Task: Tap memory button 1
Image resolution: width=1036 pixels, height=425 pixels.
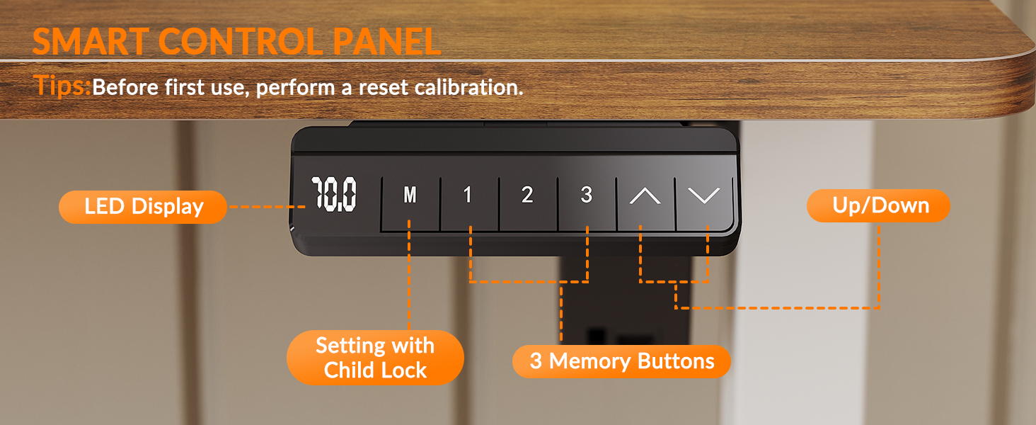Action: point(469,203)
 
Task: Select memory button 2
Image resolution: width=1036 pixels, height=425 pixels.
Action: point(528,203)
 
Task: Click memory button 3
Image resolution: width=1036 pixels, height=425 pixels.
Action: point(587,203)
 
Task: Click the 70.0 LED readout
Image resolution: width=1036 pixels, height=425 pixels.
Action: point(334,195)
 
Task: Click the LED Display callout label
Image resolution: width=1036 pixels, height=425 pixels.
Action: point(143,207)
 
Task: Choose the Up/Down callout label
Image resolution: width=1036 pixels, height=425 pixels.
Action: point(879,205)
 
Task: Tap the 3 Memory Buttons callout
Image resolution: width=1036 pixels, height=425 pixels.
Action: point(621,361)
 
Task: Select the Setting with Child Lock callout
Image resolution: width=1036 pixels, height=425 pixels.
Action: point(375,358)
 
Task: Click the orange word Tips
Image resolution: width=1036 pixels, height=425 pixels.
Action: point(62,86)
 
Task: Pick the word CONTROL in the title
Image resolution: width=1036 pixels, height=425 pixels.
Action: point(241,42)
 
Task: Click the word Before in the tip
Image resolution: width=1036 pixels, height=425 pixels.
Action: point(125,88)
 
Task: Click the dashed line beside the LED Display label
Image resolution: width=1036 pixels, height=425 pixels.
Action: point(267,207)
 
